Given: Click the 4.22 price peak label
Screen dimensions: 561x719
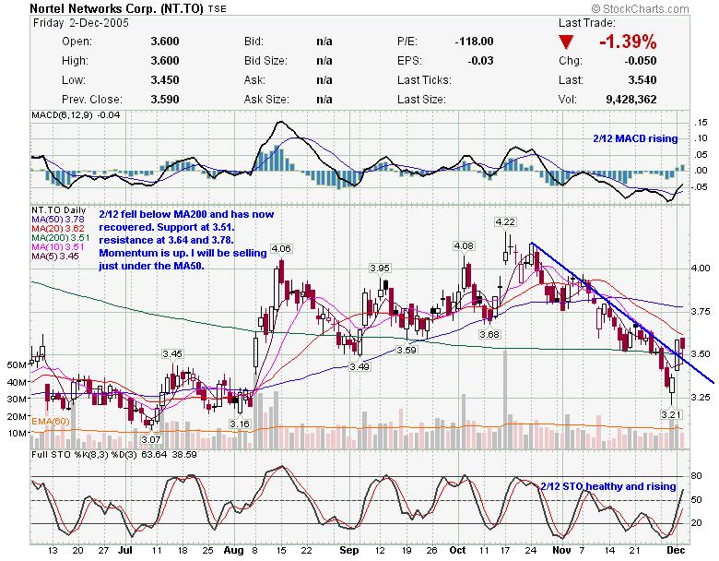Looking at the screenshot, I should click(505, 222).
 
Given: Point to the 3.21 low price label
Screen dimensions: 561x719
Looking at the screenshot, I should click(670, 415).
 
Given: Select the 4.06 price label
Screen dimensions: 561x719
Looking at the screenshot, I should click(281, 249).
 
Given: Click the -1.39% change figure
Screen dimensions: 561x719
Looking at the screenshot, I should click(628, 42).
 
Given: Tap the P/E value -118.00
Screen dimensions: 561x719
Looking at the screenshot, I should click(474, 42).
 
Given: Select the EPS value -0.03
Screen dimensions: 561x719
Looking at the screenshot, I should click(480, 60).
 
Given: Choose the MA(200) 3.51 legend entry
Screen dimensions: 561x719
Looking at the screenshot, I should click(55, 237).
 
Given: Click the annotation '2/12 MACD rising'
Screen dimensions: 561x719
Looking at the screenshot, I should click(634, 138).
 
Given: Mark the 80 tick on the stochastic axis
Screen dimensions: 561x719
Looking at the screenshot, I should click(698, 476).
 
